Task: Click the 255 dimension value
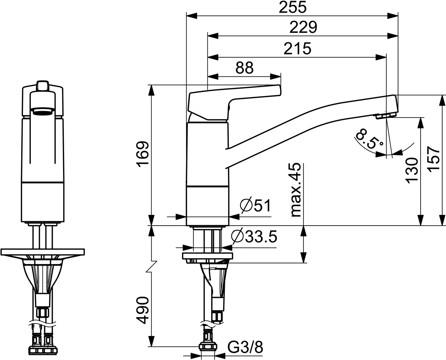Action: (x=292, y=8)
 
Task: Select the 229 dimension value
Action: (x=303, y=27)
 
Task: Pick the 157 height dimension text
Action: (x=434, y=159)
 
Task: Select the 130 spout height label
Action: (x=411, y=170)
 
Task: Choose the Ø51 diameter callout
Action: (x=255, y=206)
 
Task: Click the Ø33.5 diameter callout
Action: (x=254, y=236)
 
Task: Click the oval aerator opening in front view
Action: (x=43, y=110)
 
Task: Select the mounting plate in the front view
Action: (x=43, y=252)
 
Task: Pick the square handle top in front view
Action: (x=43, y=86)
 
